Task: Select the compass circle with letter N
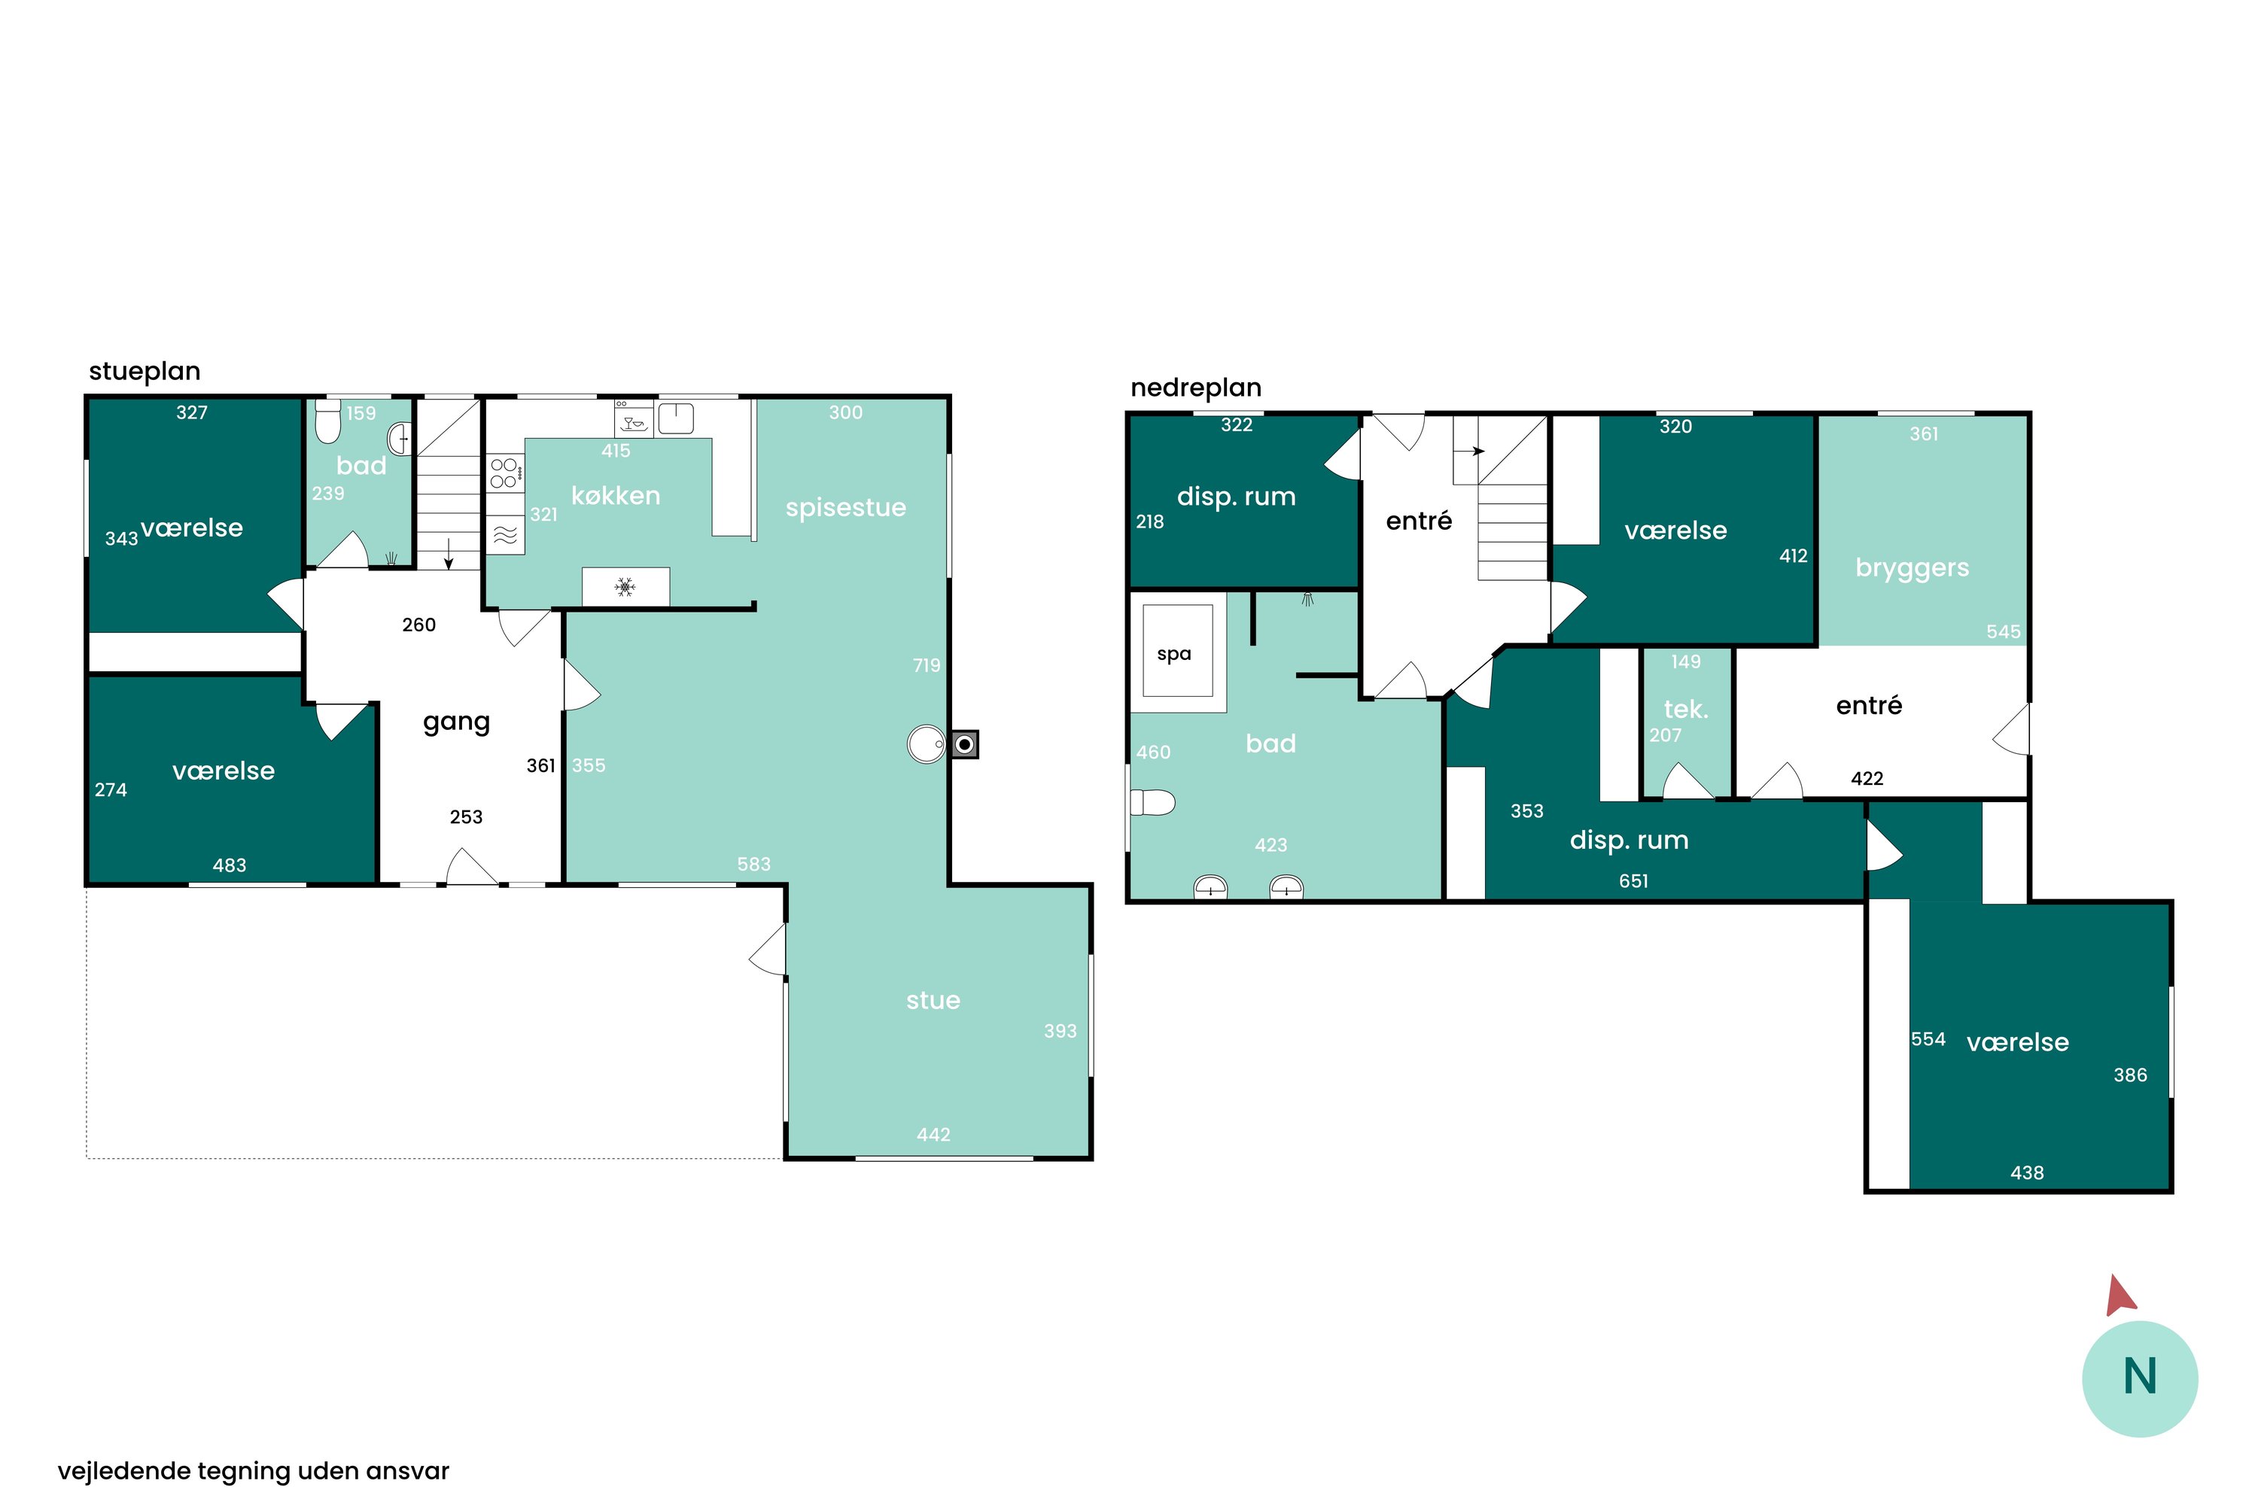click(x=2140, y=1379)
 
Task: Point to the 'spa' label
click(x=1174, y=655)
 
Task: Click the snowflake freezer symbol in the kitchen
click(x=625, y=586)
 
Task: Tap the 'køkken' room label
click(x=616, y=496)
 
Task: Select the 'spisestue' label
click(x=846, y=508)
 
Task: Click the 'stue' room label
click(x=933, y=1001)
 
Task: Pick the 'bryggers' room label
click(x=1913, y=568)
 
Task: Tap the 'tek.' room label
click(x=1686, y=710)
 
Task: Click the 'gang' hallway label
click(x=457, y=722)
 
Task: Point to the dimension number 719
click(x=927, y=665)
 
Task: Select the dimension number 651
click(x=1634, y=881)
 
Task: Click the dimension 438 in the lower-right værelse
click(x=2027, y=1173)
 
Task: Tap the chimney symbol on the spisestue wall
click(x=965, y=745)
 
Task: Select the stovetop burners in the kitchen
click(x=505, y=473)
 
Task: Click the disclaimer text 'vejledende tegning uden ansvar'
click(x=254, y=1471)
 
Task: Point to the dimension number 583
click(x=753, y=865)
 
